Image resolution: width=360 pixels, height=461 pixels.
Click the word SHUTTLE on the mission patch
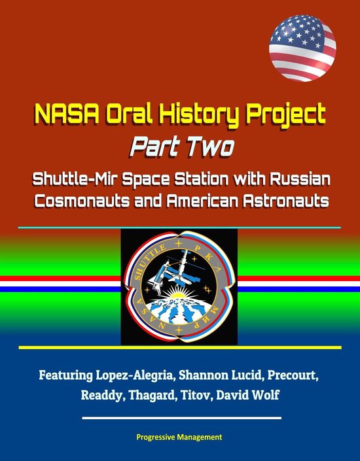149,262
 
